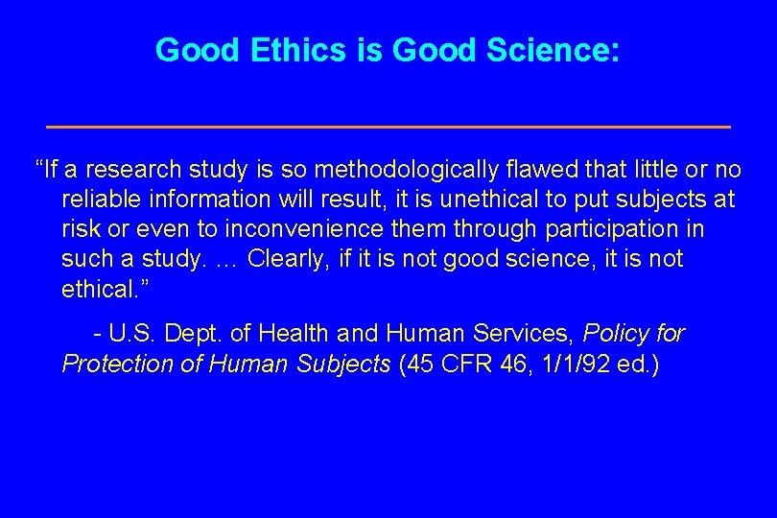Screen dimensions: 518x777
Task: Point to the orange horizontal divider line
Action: point(388,127)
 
